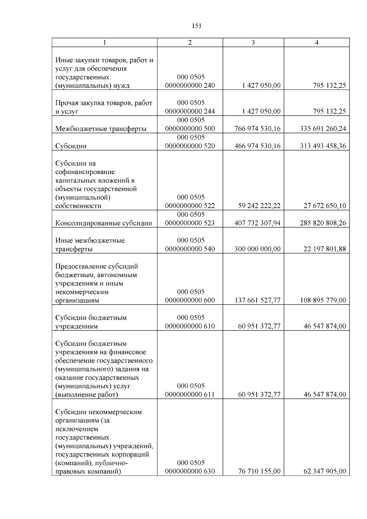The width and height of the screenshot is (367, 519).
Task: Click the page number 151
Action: [x=197, y=26]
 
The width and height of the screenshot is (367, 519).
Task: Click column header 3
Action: [x=253, y=43]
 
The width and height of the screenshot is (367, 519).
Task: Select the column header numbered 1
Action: [x=105, y=43]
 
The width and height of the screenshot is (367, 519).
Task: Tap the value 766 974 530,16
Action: [x=257, y=128]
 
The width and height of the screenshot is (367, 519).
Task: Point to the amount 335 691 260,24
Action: [x=323, y=128]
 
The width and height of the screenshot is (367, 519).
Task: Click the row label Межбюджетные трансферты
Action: [x=101, y=128]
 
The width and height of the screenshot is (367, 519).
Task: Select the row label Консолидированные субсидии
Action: [x=103, y=223]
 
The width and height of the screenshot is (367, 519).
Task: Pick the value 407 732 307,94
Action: [x=257, y=223]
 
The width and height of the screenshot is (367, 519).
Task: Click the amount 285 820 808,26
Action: [x=323, y=223]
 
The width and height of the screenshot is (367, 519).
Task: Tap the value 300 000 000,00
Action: [x=257, y=249]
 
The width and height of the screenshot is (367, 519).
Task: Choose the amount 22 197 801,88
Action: [x=324, y=249]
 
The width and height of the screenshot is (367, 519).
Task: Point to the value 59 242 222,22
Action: [x=259, y=206]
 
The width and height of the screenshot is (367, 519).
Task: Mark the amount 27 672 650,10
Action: [x=324, y=206]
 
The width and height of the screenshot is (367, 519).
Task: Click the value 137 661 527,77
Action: [x=257, y=300]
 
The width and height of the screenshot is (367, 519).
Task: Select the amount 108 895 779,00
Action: [x=323, y=300]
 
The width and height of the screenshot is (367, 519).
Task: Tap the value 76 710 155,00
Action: [x=259, y=471]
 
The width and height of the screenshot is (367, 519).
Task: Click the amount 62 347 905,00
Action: [x=324, y=471]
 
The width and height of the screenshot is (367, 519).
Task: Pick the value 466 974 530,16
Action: [x=257, y=146]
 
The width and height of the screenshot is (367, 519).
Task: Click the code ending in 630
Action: [x=190, y=467]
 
